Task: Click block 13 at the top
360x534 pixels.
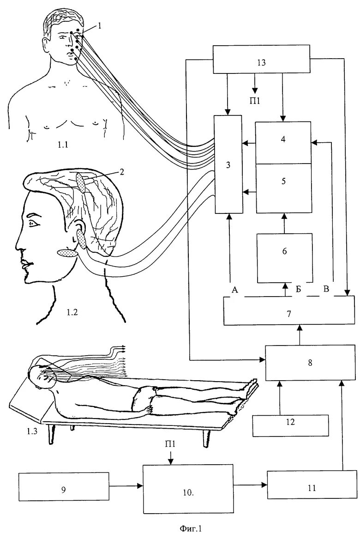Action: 261,59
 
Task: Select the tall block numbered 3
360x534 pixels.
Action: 228,164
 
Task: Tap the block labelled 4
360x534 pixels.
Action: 283,143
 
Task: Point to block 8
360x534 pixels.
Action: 310,363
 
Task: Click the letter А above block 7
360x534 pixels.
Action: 234,290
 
